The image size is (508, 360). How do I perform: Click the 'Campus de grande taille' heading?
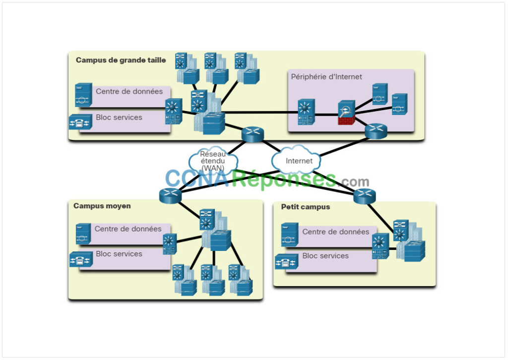coord(121,60)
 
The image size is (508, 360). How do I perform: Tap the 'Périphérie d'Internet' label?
coord(326,76)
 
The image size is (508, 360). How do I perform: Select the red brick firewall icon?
coord(346,114)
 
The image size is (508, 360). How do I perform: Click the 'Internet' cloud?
coord(299,160)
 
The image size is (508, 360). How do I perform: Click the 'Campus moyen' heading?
coord(102,205)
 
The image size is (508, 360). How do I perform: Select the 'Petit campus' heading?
coord(305,207)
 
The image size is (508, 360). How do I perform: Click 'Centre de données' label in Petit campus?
coord(335,232)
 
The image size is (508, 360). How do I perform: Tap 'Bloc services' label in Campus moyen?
coord(119,253)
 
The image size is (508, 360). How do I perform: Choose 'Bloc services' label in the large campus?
coord(119,118)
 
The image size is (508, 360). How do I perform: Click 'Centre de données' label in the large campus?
coord(129,91)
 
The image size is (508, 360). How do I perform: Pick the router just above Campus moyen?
coord(171,195)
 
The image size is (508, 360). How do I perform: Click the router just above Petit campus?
coord(365,196)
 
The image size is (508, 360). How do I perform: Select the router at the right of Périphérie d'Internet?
coord(376,131)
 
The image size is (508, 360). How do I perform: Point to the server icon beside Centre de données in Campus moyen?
coord(83,233)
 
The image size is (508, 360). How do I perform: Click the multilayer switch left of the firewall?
coord(305,113)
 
